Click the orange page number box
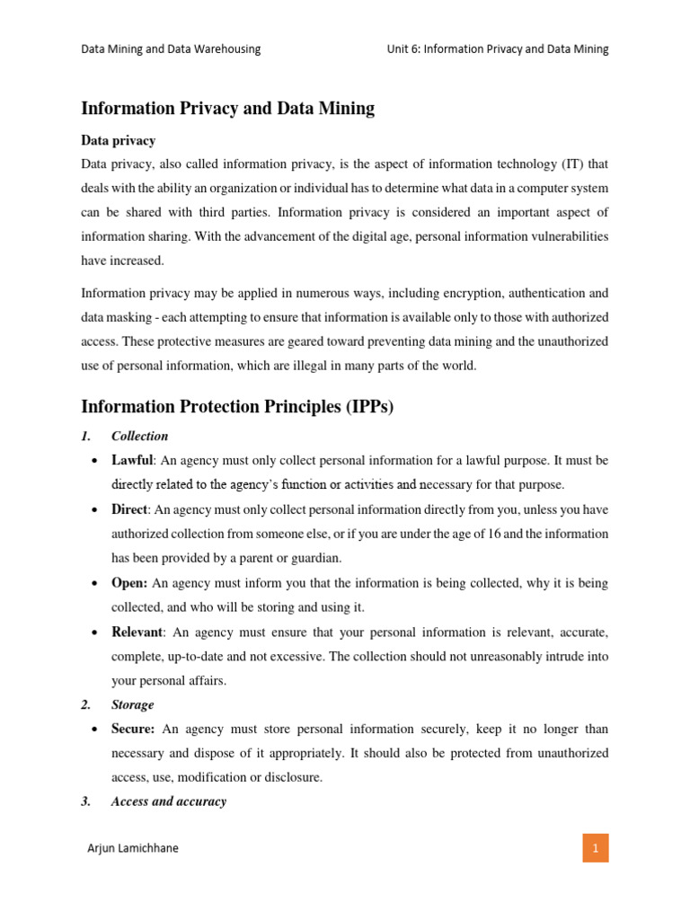tap(594, 847)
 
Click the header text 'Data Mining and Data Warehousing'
tap(171, 49)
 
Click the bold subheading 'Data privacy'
tap(118, 141)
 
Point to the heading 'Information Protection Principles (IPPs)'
tap(237, 407)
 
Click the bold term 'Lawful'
tap(133, 460)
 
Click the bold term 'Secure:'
tap(133, 729)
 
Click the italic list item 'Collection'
tap(139, 436)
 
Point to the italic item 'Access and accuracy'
tap(169, 801)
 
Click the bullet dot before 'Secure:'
tap(94, 730)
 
